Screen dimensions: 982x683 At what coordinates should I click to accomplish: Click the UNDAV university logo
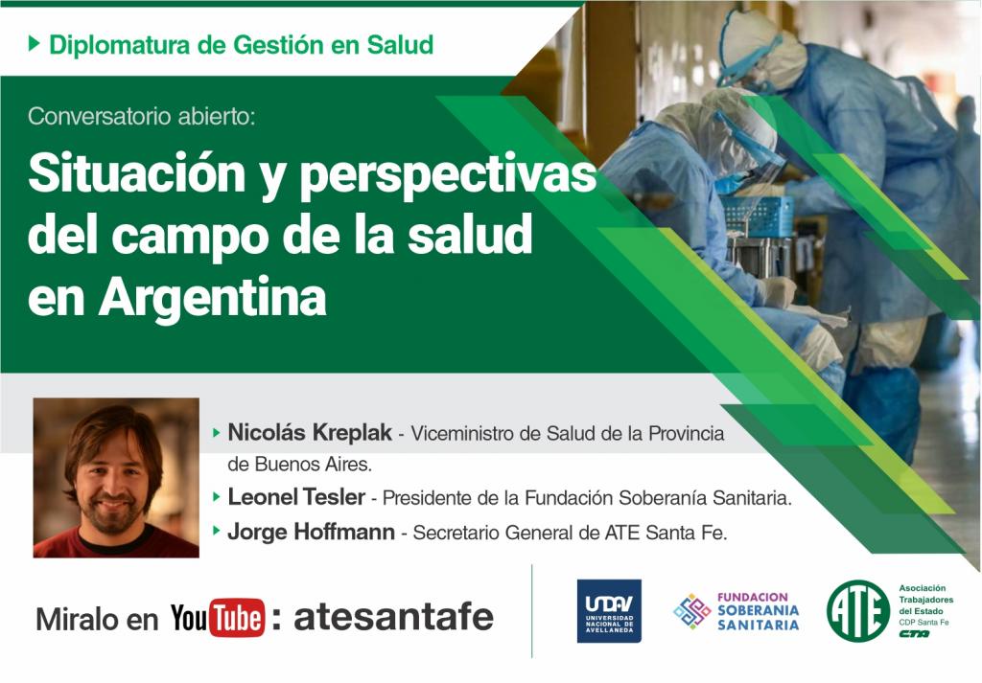coord(609,610)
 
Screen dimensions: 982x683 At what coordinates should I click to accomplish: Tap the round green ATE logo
coord(857,611)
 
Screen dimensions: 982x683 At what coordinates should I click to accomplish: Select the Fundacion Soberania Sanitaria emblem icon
coord(692,611)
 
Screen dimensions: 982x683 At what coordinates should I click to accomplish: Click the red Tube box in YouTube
coord(236,617)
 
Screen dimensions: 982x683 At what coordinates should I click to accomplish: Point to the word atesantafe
coord(393,617)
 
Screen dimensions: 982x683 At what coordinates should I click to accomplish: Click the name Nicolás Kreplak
coord(310,432)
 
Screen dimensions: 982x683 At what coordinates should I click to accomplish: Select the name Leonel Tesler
coord(296,497)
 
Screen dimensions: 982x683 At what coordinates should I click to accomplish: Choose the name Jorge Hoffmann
coord(312,532)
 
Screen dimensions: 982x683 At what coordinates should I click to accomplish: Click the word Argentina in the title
coord(212,297)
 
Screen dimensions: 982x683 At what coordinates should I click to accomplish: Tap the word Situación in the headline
coord(137,174)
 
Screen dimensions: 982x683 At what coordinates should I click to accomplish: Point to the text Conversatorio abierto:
coord(142,116)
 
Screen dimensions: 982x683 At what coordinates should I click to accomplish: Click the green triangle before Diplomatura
coord(35,44)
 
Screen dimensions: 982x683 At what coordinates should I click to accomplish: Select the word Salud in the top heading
coord(400,44)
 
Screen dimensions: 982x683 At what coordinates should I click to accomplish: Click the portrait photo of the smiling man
coord(116,477)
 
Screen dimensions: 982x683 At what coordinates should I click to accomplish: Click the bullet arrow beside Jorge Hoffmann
coord(217,531)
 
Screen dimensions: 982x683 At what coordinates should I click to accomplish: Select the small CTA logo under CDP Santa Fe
coord(914,633)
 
